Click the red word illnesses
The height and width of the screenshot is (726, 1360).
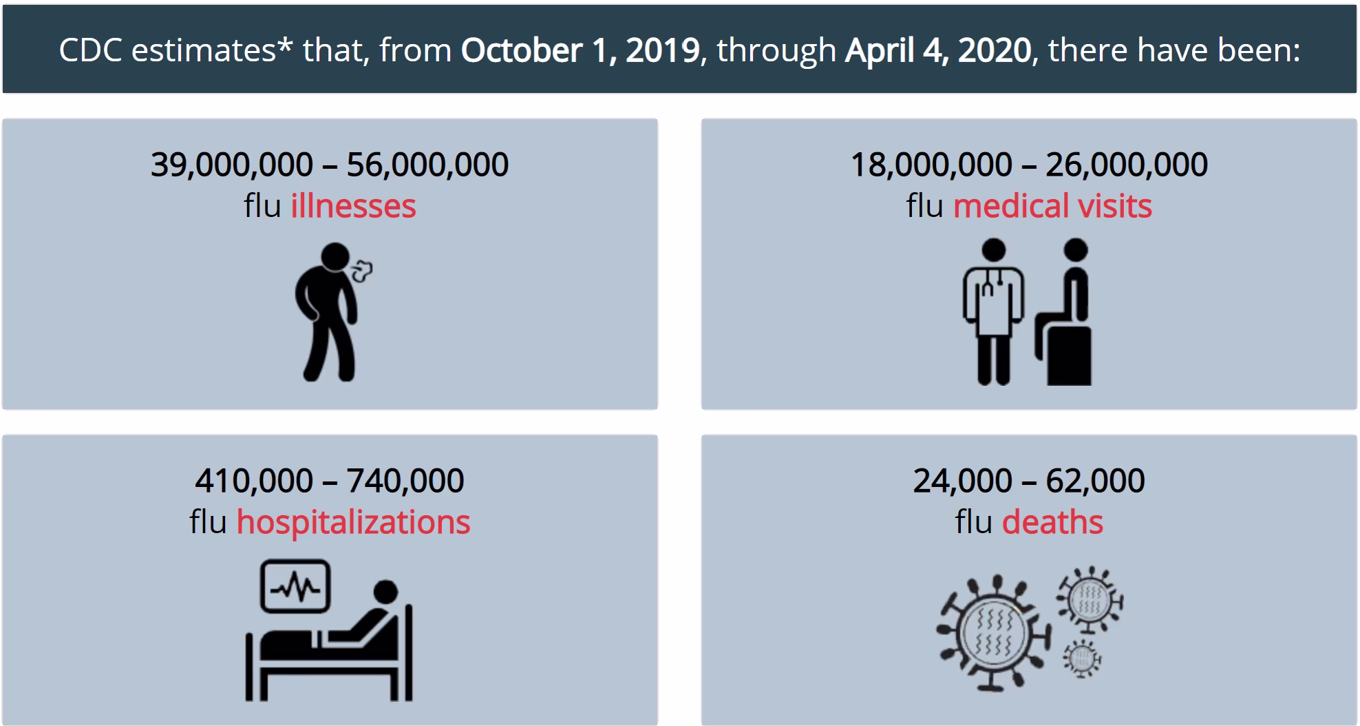coord(353,206)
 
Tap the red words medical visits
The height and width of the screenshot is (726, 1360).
coord(1052,206)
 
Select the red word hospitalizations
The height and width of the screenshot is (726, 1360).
coord(353,522)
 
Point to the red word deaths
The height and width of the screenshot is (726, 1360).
coord(1052,522)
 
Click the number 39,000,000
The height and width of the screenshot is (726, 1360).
coord(232,165)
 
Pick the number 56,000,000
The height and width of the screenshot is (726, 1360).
coord(427,165)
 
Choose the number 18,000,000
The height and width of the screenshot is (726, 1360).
coord(931,165)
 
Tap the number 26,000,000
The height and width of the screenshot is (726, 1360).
coord(1127,165)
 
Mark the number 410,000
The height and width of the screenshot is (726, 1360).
coord(254,481)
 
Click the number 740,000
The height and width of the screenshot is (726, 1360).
coord(405,481)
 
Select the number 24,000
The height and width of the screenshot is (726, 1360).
coord(962,481)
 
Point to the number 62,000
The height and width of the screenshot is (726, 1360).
coord(1095,481)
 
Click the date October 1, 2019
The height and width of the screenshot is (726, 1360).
coord(580,50)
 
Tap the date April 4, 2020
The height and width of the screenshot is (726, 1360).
coord(938,50)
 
